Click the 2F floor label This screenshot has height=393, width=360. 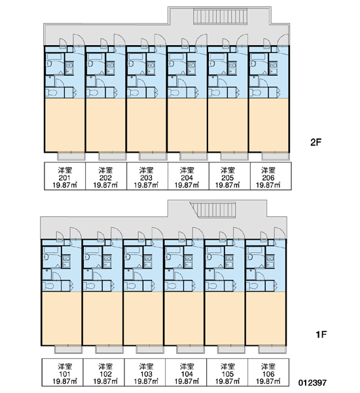tap(315, 142)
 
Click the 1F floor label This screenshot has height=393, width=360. tap(321, 334)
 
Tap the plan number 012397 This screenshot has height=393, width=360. tap(312, 383)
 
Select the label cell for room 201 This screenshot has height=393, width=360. tap(65, 176)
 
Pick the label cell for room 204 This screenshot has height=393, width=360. tap(187, 176)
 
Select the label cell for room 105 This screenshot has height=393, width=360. tap(227, 372)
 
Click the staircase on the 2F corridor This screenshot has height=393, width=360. tap(220, 16)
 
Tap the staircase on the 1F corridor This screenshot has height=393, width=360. tap(213, 210)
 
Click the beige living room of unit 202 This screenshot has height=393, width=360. tap(105, 125)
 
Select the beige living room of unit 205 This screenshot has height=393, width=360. tap(228, 125)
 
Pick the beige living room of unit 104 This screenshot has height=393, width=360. tap(184, 318)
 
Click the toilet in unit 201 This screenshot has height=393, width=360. tap(52, 93)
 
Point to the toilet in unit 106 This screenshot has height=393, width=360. tap(253, 286)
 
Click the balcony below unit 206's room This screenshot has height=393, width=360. tap(276, 156)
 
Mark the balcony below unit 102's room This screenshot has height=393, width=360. tap(109, 349)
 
